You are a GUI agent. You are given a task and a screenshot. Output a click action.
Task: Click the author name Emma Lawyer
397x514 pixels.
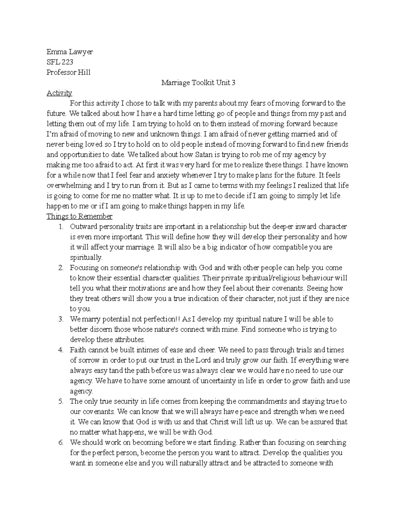(x=69, y=52)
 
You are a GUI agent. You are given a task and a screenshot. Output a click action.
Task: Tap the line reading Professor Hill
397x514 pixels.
(x=68, y=72)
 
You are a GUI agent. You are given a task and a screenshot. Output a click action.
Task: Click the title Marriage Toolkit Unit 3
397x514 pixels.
(x=198, y=83)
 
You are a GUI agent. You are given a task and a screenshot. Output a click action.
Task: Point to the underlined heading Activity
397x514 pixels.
(x=59, y=93)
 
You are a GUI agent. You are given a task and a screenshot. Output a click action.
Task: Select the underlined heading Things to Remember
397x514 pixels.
(x=79, y=216)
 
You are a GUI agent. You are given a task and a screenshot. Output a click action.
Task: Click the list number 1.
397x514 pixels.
(x=61, y=227)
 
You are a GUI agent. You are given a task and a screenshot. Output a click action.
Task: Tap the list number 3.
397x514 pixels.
(x=61, y=319)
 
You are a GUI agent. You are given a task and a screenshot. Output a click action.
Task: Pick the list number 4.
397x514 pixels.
(x=61, y=350)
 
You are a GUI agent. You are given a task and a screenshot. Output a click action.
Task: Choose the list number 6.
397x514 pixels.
(x=61, y=443)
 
